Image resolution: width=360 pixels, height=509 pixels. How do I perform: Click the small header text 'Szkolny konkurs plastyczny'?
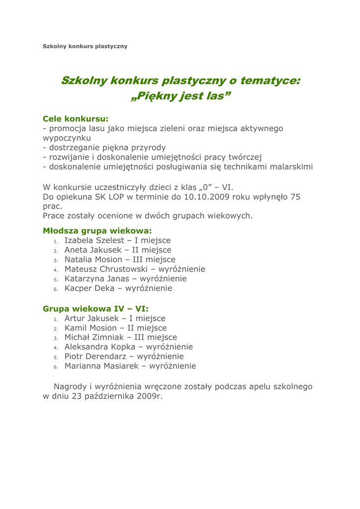click(85, 46)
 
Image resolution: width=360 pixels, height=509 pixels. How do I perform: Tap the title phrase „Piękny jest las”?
click(180, 96)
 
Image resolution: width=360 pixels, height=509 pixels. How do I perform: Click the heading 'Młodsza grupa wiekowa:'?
click(97, 231)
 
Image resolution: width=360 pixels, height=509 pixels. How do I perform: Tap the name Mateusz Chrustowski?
click(110, 269)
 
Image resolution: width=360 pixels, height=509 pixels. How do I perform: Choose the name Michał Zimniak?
click(93, 337)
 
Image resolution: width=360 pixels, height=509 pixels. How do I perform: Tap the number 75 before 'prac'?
click(295, 197)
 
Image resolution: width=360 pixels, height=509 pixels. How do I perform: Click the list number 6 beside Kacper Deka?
click(56, 289)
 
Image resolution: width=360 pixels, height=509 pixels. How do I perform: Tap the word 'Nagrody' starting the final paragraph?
click(70, 386)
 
